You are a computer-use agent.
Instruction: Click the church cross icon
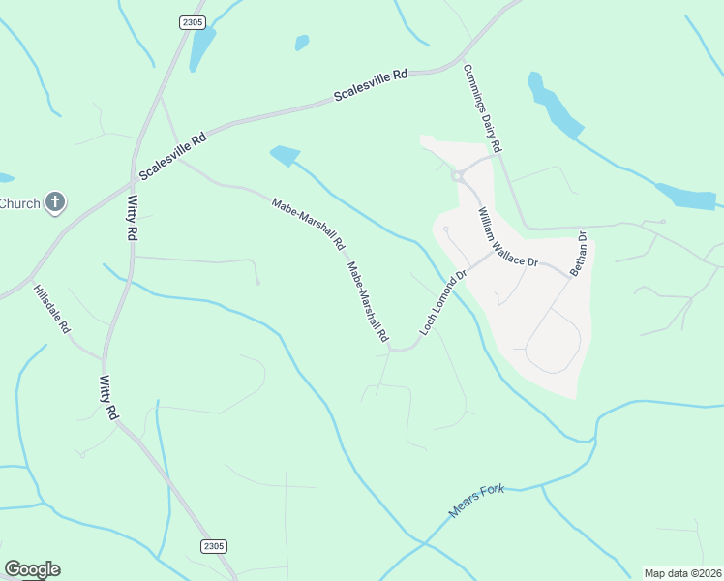pyautogui.click(x=55, y=203)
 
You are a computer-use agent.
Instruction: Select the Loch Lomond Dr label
pyautogui.click(x=443, y=303)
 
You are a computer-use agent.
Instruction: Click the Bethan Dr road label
pyautogui.click(x=579, y=254)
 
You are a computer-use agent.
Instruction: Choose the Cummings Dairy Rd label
pyautogui.click(x=482, y=108)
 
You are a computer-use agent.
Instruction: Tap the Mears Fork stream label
pyautogui.click(x=478, y=500)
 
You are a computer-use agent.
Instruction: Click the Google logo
pyautogui.click(x=32, y=569)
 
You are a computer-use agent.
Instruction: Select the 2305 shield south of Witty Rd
pyautogui.click(x=216, y=547)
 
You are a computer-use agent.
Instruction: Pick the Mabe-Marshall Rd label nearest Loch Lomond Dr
pyautogui.click(x=368, y=303)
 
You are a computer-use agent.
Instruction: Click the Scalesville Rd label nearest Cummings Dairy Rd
pyautogui.click(x=372, y=85)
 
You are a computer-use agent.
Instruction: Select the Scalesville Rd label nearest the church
pyautogui.click(x=173, y=156)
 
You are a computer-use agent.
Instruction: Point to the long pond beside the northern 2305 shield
pyautogui.click(x=202, y=46)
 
